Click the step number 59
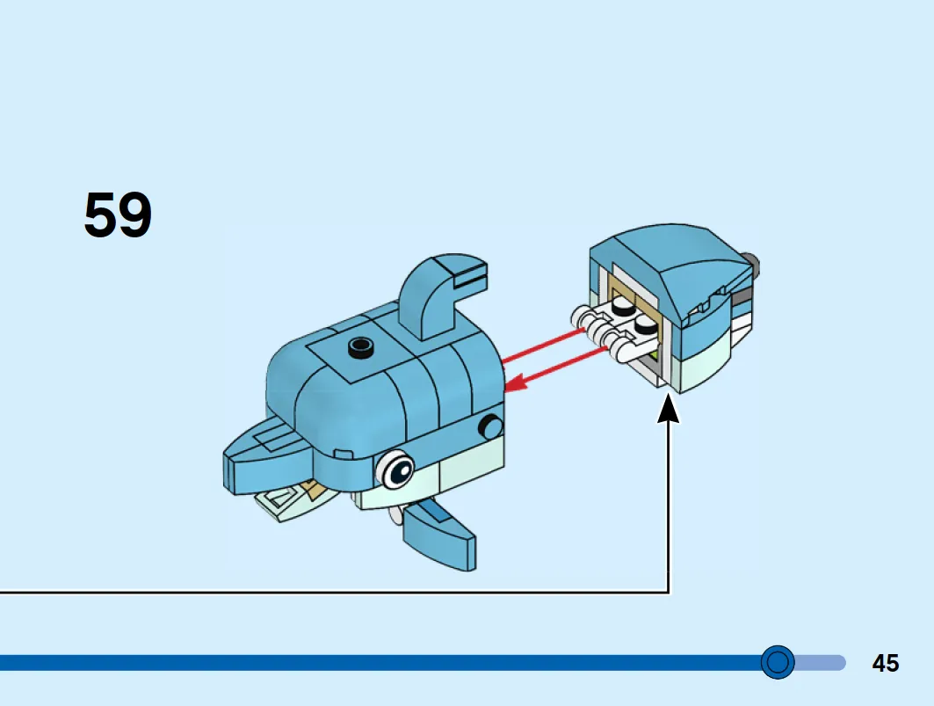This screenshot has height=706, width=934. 118,215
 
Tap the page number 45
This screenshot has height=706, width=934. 885,663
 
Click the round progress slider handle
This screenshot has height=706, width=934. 778,662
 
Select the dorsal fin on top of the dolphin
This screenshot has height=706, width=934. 441,295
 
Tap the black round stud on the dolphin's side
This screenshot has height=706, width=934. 491,427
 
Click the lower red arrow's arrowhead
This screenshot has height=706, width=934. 516,382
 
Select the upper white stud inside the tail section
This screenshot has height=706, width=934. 622,306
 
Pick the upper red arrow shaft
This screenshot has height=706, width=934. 543,345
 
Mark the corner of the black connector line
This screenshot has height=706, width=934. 669,592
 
